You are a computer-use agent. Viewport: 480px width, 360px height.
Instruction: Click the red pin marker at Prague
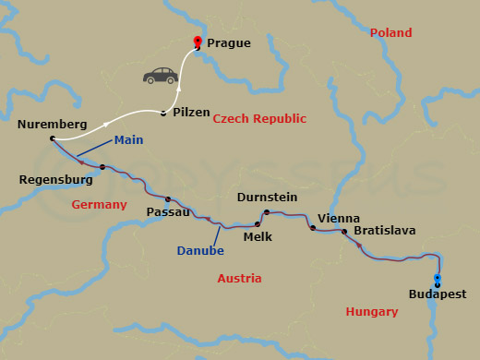point(197,42)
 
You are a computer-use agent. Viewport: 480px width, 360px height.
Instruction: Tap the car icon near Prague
point(160,75)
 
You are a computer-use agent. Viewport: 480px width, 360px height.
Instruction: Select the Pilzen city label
point(191,113)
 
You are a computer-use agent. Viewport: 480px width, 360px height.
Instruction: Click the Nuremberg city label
point(53,124)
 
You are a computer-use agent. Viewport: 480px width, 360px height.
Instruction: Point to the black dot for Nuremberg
point(53,138)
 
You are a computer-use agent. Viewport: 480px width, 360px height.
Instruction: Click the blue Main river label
point(128,140)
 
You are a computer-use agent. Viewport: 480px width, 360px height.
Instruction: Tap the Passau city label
point(168,211)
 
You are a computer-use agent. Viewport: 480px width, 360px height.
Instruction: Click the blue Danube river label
point(200,250)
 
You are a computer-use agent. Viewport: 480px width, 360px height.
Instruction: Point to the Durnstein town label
point(267,198)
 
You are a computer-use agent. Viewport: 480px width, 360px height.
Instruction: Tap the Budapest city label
point(437,294)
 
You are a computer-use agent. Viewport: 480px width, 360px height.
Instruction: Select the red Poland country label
point(390,33)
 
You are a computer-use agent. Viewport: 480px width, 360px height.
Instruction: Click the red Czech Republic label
point(259,119)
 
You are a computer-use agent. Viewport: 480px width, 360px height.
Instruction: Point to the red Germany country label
point(100,205)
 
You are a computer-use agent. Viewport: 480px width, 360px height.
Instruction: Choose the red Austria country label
point(239,278)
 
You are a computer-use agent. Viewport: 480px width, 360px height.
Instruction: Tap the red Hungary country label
point(371,312)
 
